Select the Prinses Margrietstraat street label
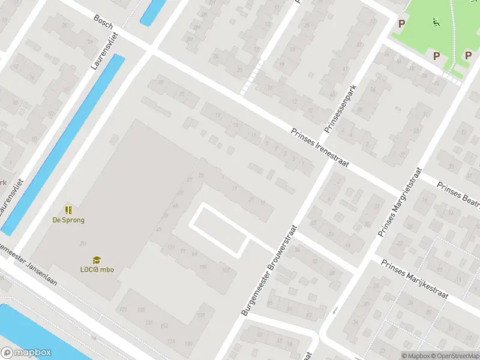[398, 201]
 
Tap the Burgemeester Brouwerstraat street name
[269, 270]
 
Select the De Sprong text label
[68, 220]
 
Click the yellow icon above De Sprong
[68, 210]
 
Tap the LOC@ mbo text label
[97, 269]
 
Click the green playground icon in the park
[436, 23]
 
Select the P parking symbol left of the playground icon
[401, 23]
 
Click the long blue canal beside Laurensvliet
[63, 143]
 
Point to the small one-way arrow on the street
[335, 310]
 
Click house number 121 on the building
[124, 309]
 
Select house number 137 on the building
[202, 315]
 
